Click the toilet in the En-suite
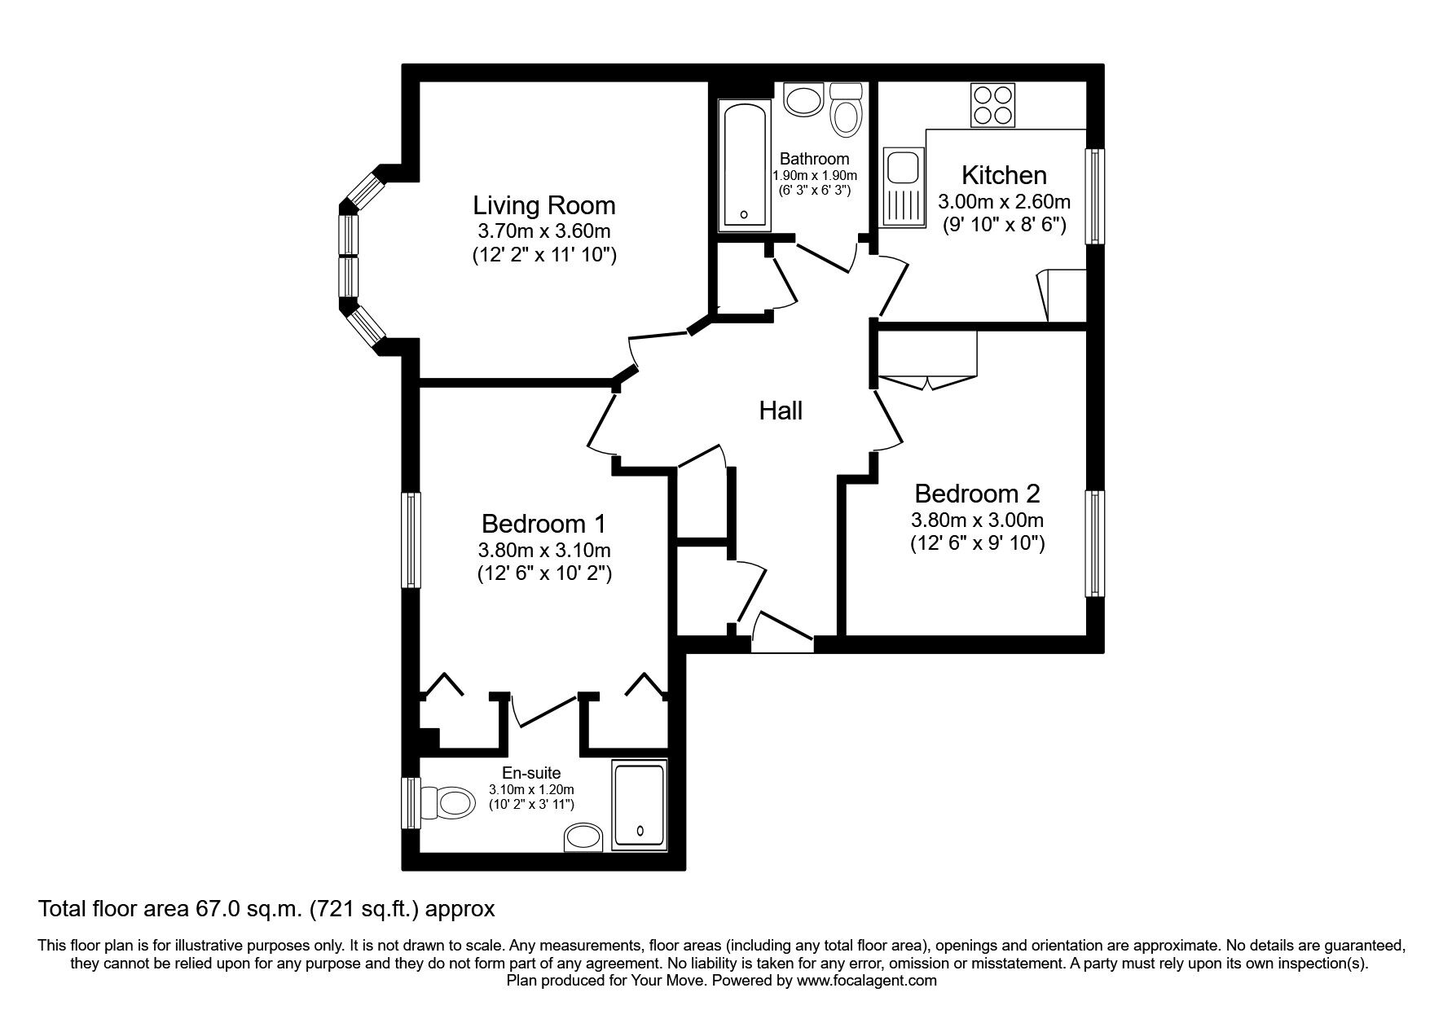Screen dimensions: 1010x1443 pos(450,803)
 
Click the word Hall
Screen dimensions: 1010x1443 pos(781,411)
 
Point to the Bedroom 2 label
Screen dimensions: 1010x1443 pos(977,494)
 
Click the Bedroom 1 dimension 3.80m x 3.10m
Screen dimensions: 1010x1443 pos(544,549)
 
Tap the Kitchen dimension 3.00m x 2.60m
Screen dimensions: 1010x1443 pos(1004,201)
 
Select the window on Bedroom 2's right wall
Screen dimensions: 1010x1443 pos(1094,543)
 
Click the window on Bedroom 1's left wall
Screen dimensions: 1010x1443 pos(411,539)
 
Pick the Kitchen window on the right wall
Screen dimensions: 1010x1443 pos(1095,195)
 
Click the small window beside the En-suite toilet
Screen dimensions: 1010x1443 pos(411,802)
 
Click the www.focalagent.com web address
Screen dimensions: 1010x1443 pos(866,981)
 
